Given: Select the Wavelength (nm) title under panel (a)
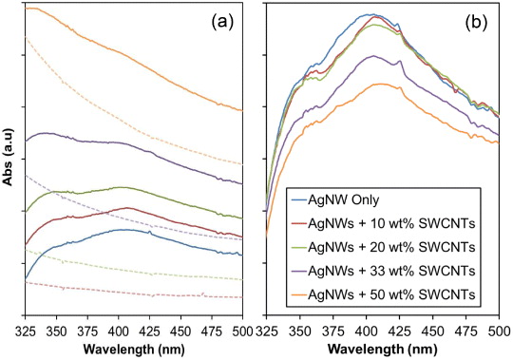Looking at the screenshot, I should tap(132, 348).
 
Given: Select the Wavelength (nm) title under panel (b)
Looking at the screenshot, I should tap(384, 348).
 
